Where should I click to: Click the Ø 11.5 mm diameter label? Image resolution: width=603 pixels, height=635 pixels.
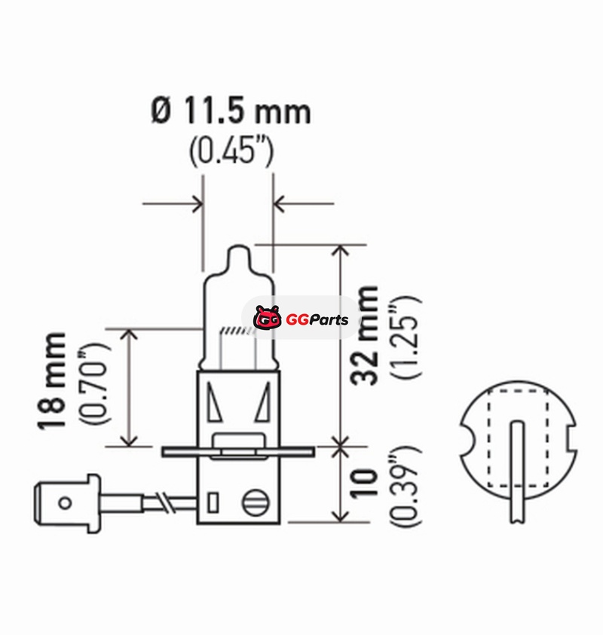[x=231, y=111]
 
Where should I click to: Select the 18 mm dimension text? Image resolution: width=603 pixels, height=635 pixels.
[x=52, y=380]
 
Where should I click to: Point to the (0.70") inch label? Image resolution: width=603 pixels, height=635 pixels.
[x=94, y=383]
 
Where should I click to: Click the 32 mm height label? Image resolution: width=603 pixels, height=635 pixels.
[x=365, y=335]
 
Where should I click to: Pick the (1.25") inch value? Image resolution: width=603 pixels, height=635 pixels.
[x=406, y=337]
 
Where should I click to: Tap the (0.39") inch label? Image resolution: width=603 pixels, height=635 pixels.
[x=406, y=487]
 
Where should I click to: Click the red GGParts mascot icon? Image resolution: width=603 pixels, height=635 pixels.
[x=268, y=318]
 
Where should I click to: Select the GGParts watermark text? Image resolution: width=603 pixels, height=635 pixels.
[x=317, y=319]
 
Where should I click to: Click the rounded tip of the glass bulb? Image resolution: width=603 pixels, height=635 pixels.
[x=237, y=248]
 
